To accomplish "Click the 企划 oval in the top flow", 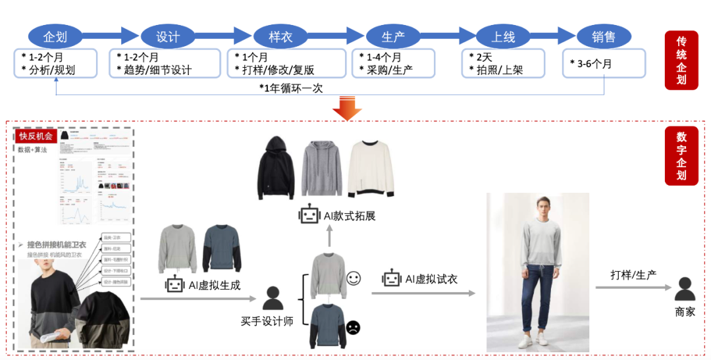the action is click(x=55, y=37).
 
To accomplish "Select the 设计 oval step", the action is click(x=168, y=37).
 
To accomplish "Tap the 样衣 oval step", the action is click(x=280, y=37).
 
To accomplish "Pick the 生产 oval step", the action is click(x=392, y=37).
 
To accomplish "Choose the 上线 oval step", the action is click(x=504, y=37).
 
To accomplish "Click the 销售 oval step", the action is click(x=604, y=37).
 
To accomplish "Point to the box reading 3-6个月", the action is click(x=604, y=64).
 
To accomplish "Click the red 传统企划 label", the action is click(x=681, y=60).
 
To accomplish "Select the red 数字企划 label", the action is click(x=681, y=155).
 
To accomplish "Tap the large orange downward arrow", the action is click(x=347, y=109).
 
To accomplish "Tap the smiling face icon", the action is click(x=354, y=278).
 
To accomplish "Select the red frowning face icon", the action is click(x=354, y=326).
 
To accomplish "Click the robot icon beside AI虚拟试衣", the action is click(x=392, y=278).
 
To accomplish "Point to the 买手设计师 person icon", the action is click(x=273, y=297).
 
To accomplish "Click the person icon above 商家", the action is click(x=685, y=289).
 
